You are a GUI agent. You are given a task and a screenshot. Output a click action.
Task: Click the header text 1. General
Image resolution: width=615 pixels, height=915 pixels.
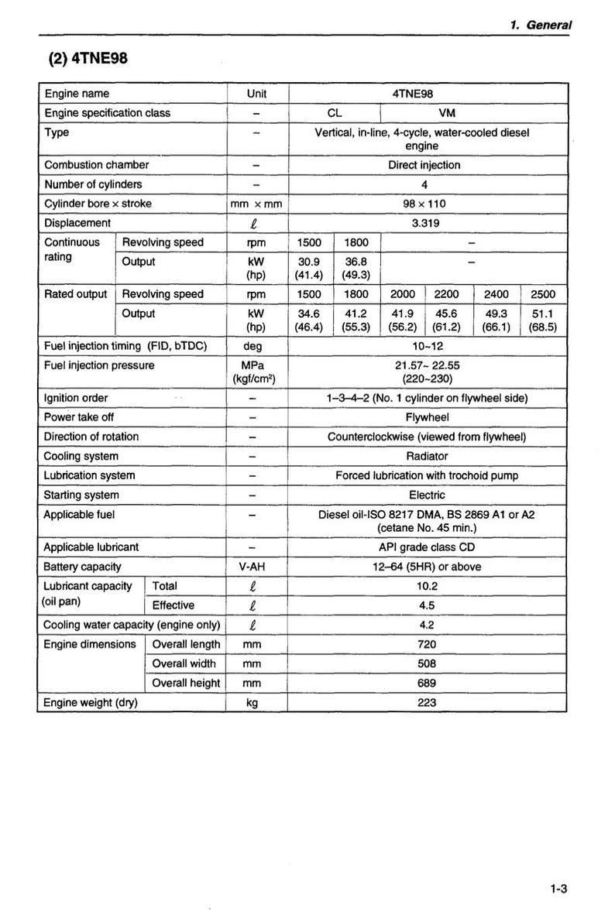point(541,25)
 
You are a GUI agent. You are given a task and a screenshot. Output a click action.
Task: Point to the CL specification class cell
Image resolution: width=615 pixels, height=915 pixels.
point(335,113)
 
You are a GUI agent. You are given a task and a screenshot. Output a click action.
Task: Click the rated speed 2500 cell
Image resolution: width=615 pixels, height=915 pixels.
point(542,294)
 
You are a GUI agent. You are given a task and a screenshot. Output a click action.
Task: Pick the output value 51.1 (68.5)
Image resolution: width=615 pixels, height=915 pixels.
point(542,320)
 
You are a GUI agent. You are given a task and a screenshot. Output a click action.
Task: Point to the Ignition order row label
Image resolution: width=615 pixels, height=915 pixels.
point(76,398)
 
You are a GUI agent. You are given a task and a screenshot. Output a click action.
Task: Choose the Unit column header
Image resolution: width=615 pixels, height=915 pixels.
point(256,94)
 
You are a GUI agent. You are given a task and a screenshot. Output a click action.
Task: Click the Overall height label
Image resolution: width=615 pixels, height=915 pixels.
point(186,683)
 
